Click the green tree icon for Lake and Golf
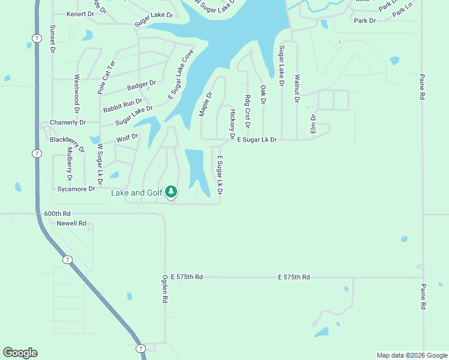(x=172, y=192)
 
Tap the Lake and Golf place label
(x=137, y=193)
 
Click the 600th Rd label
(x=57, y=214)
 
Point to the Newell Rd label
(x=71, y=223)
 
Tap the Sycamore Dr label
(x=76, y=189)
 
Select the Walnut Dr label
(x=297, y=88)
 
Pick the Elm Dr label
(x=313, y=124)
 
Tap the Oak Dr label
(x=263, y=94)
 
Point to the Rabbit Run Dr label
(x=122, y=106)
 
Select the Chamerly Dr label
(x=68, y=122)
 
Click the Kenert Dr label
(x=80, y=14)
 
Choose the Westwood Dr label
(x=76, y=94)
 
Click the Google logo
(x=20, y=353)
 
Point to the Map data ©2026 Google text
(x=411, y=355)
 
